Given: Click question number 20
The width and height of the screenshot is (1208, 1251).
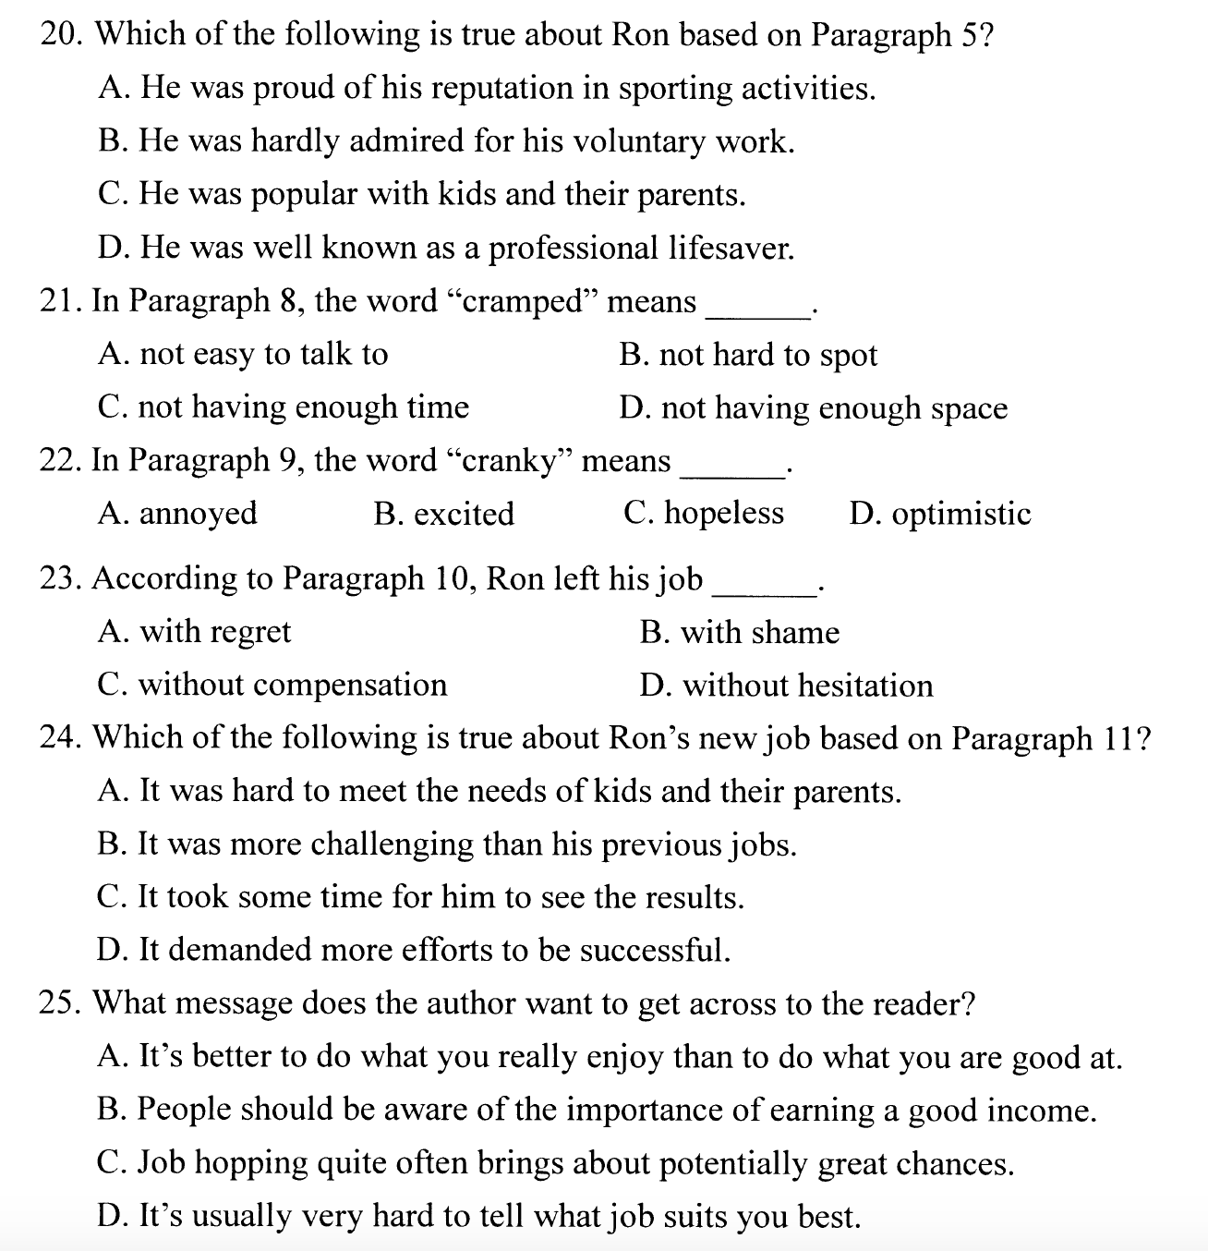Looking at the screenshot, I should [x=60, y=34].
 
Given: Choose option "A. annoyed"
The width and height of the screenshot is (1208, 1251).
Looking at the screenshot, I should [x=177, y=513].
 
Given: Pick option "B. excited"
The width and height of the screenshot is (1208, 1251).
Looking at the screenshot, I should [x=443, y=514].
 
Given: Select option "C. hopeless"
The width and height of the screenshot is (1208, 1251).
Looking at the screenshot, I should [x=704, y=513].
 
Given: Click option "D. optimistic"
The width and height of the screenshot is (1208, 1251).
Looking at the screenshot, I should [x=939, y=514].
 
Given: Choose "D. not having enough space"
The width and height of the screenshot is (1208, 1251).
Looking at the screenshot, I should [x=813, y=407].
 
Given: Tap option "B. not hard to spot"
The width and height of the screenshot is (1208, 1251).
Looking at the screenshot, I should [x=748, y=355].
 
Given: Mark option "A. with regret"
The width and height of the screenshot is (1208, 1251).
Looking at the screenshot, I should [x=194, y=631].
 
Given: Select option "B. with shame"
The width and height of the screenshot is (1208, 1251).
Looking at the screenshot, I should [x=739, y=632].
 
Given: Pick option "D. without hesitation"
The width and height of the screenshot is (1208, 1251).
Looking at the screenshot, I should [x=786, y=686].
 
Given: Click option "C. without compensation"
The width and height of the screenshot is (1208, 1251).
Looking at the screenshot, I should [x=272, y=685].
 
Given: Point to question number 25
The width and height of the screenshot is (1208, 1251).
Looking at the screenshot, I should [x=60, y=1003].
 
